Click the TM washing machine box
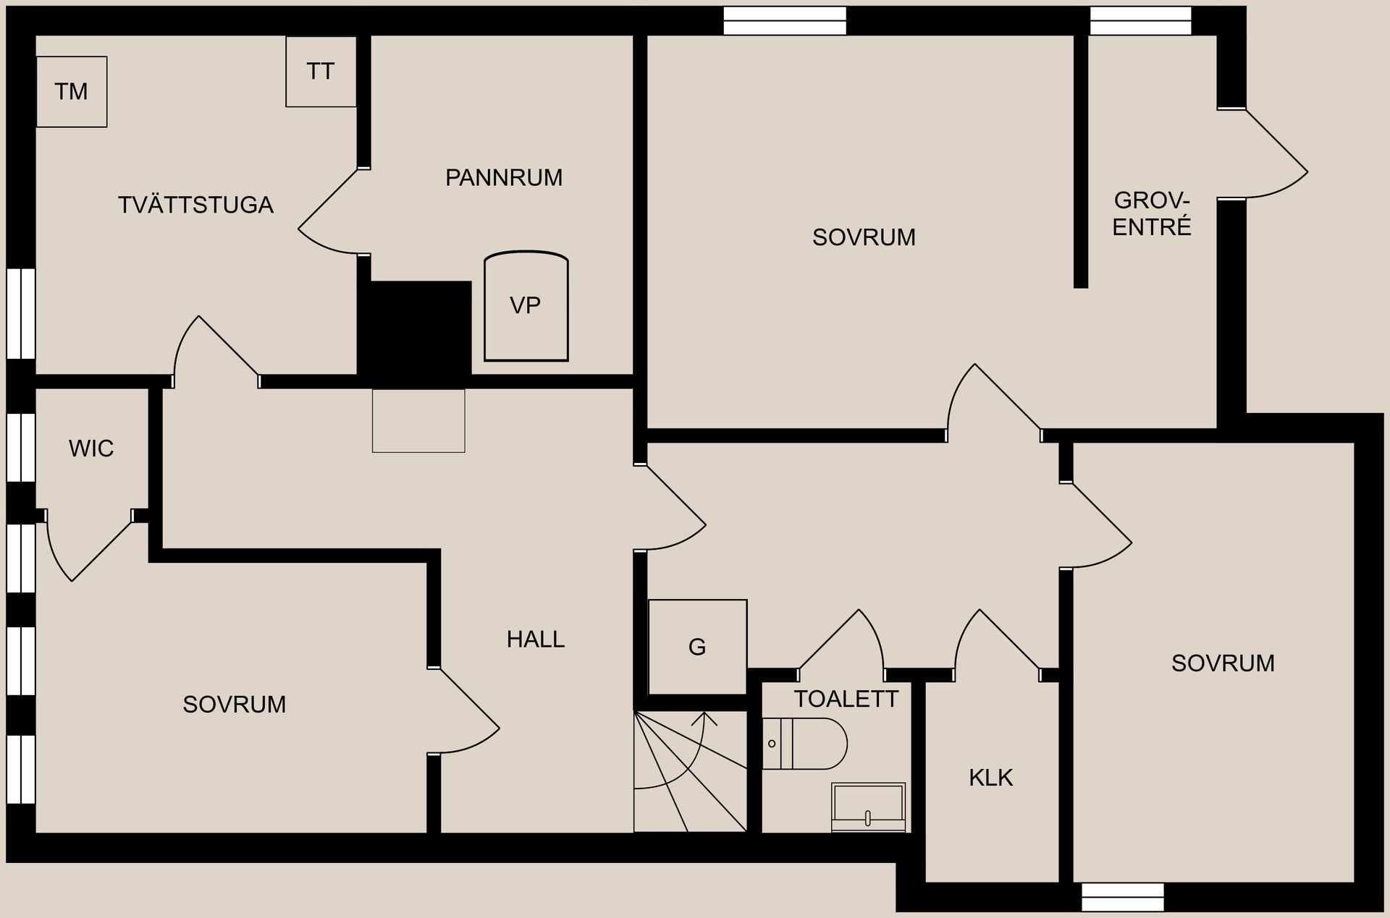coord(72,92)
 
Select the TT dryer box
coord(321,72)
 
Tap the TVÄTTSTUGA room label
coord(195,205)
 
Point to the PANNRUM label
coord(504,177)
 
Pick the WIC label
coord(91,449)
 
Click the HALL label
coord(536,639)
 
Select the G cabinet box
coord(697,647)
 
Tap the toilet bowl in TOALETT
coord(804,744)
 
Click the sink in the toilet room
coord(868,807)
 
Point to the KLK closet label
coord(991,778)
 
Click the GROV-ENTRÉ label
coord(1152,213)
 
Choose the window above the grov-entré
coord(1141,21)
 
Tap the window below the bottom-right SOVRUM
coord(1123,897)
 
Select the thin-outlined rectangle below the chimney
coord(418,421)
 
